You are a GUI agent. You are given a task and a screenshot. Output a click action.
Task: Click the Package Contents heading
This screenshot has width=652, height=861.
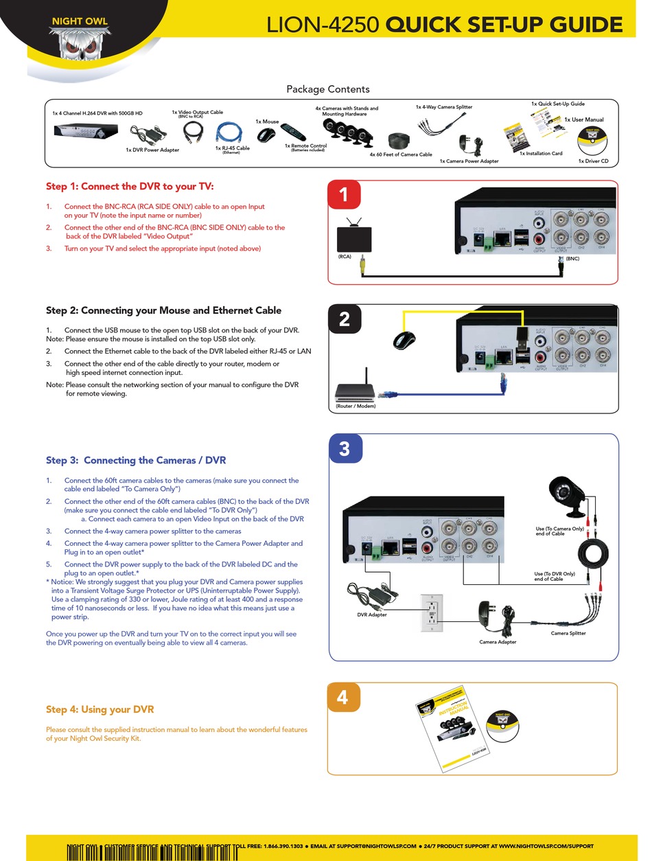coord(327,89)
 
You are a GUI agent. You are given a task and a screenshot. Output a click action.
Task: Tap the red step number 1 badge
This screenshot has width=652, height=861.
coord(345,195)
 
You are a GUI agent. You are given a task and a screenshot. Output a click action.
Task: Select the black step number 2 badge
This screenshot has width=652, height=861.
coord(345,319)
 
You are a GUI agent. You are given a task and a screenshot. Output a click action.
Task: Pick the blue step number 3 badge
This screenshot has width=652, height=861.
coord(345,449)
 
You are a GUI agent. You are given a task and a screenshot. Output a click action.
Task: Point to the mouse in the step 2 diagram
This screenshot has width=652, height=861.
coord(404,339)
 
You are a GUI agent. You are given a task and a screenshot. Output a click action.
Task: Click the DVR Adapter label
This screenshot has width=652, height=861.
coord(371,615)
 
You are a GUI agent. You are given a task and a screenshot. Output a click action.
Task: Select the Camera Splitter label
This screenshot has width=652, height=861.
coord(568,633)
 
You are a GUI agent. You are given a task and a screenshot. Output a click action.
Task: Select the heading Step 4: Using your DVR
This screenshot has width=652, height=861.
coord(100,709)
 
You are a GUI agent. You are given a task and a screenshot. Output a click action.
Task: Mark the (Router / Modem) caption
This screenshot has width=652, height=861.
coord(356,406)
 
